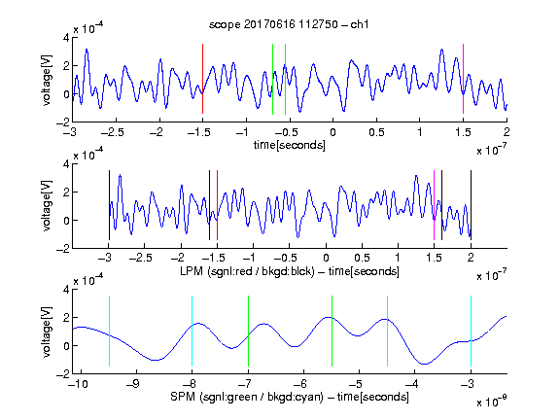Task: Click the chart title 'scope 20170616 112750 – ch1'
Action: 289,24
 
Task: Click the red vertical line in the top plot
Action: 202,79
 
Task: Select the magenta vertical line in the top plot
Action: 463,79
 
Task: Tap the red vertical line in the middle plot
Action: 217,205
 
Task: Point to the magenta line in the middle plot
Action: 434,205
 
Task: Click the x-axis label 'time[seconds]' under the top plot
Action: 290,145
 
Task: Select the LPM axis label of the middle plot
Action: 290,271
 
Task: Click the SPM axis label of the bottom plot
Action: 290,397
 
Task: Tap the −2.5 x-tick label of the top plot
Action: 112,132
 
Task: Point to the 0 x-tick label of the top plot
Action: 332,132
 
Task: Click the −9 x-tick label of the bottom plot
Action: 133,384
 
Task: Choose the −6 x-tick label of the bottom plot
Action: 303,384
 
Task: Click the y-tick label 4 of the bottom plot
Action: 66,290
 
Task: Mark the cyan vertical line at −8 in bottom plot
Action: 192,331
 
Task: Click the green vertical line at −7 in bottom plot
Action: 248,331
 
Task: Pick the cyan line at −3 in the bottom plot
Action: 472,331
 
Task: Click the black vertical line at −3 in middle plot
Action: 109,205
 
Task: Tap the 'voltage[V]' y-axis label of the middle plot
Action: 47,206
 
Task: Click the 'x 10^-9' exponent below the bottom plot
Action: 491,402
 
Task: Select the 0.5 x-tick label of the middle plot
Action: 362,258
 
